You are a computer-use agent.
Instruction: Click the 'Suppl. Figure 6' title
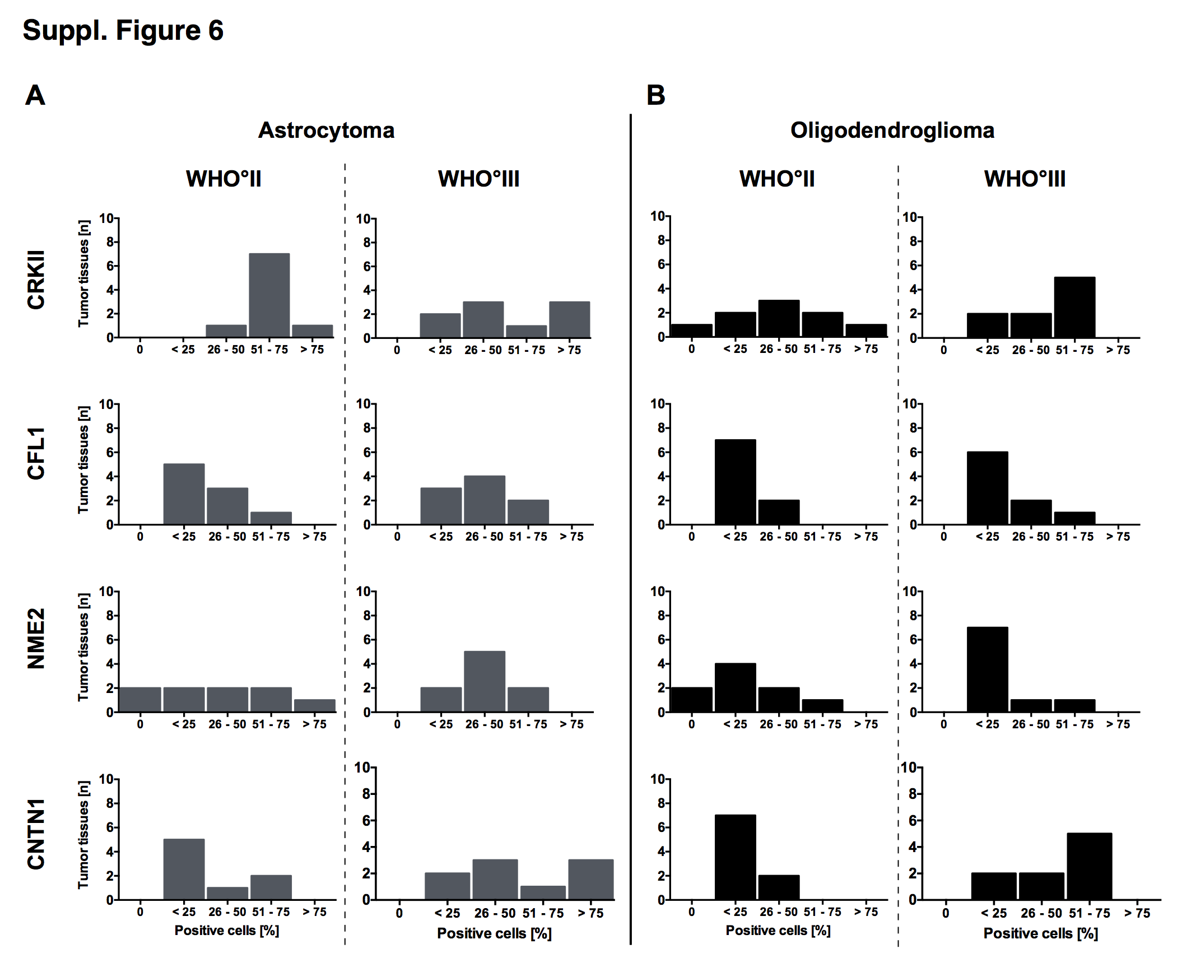pos(123,30)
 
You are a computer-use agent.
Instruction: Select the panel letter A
pos(35,95)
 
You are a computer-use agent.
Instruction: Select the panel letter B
pos(655,95)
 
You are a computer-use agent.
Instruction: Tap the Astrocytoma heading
pos(326,130)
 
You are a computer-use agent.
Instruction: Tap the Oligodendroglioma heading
pos(892,130)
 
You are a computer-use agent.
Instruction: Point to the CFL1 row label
pos(36,453)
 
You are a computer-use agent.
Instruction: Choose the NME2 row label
pos(36,639)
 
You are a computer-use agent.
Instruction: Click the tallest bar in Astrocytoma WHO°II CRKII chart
pos(269,295)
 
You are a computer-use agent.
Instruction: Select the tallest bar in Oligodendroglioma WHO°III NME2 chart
pos(987,669)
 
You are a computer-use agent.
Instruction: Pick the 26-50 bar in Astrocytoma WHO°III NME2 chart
pos(485,681)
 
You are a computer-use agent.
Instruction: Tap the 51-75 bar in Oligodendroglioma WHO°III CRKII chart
pos(1074,307)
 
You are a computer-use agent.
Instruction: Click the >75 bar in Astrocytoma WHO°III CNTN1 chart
pos(590,879)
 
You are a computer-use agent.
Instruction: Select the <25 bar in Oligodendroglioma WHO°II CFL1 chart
pos(735,482)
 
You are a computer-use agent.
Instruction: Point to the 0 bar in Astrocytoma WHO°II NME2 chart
pos(140,699)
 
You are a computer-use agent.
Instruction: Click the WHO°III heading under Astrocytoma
pos(478,179)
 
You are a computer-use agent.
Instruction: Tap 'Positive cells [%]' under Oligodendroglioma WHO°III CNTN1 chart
pos(1040,933)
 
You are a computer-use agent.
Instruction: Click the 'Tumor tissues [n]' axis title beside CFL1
pos(83,459)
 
